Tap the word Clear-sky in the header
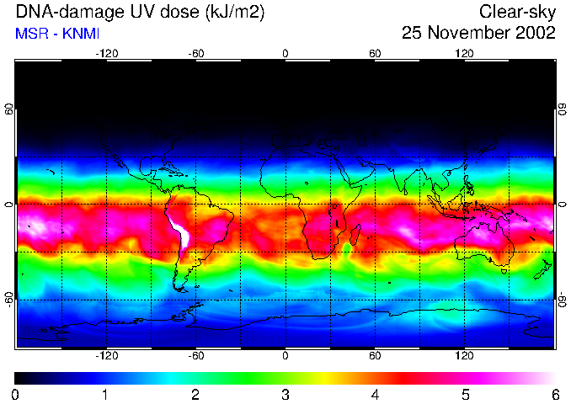(x=517, y=13)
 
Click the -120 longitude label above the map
(x=106, y=53)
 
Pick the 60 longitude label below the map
(x=375, y=356)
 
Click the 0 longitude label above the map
(x=285, y=53)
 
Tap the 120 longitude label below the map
(x=465, y=356)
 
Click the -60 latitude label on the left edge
(x=8, y=299)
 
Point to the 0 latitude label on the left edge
(x=8, y=204)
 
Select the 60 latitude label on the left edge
(x=8, y=109)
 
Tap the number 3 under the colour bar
(x=285, y=394)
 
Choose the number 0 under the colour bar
(x=16, y=394)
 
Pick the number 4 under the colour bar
(x=375, y=394)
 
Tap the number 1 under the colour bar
(x=105, y=394)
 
